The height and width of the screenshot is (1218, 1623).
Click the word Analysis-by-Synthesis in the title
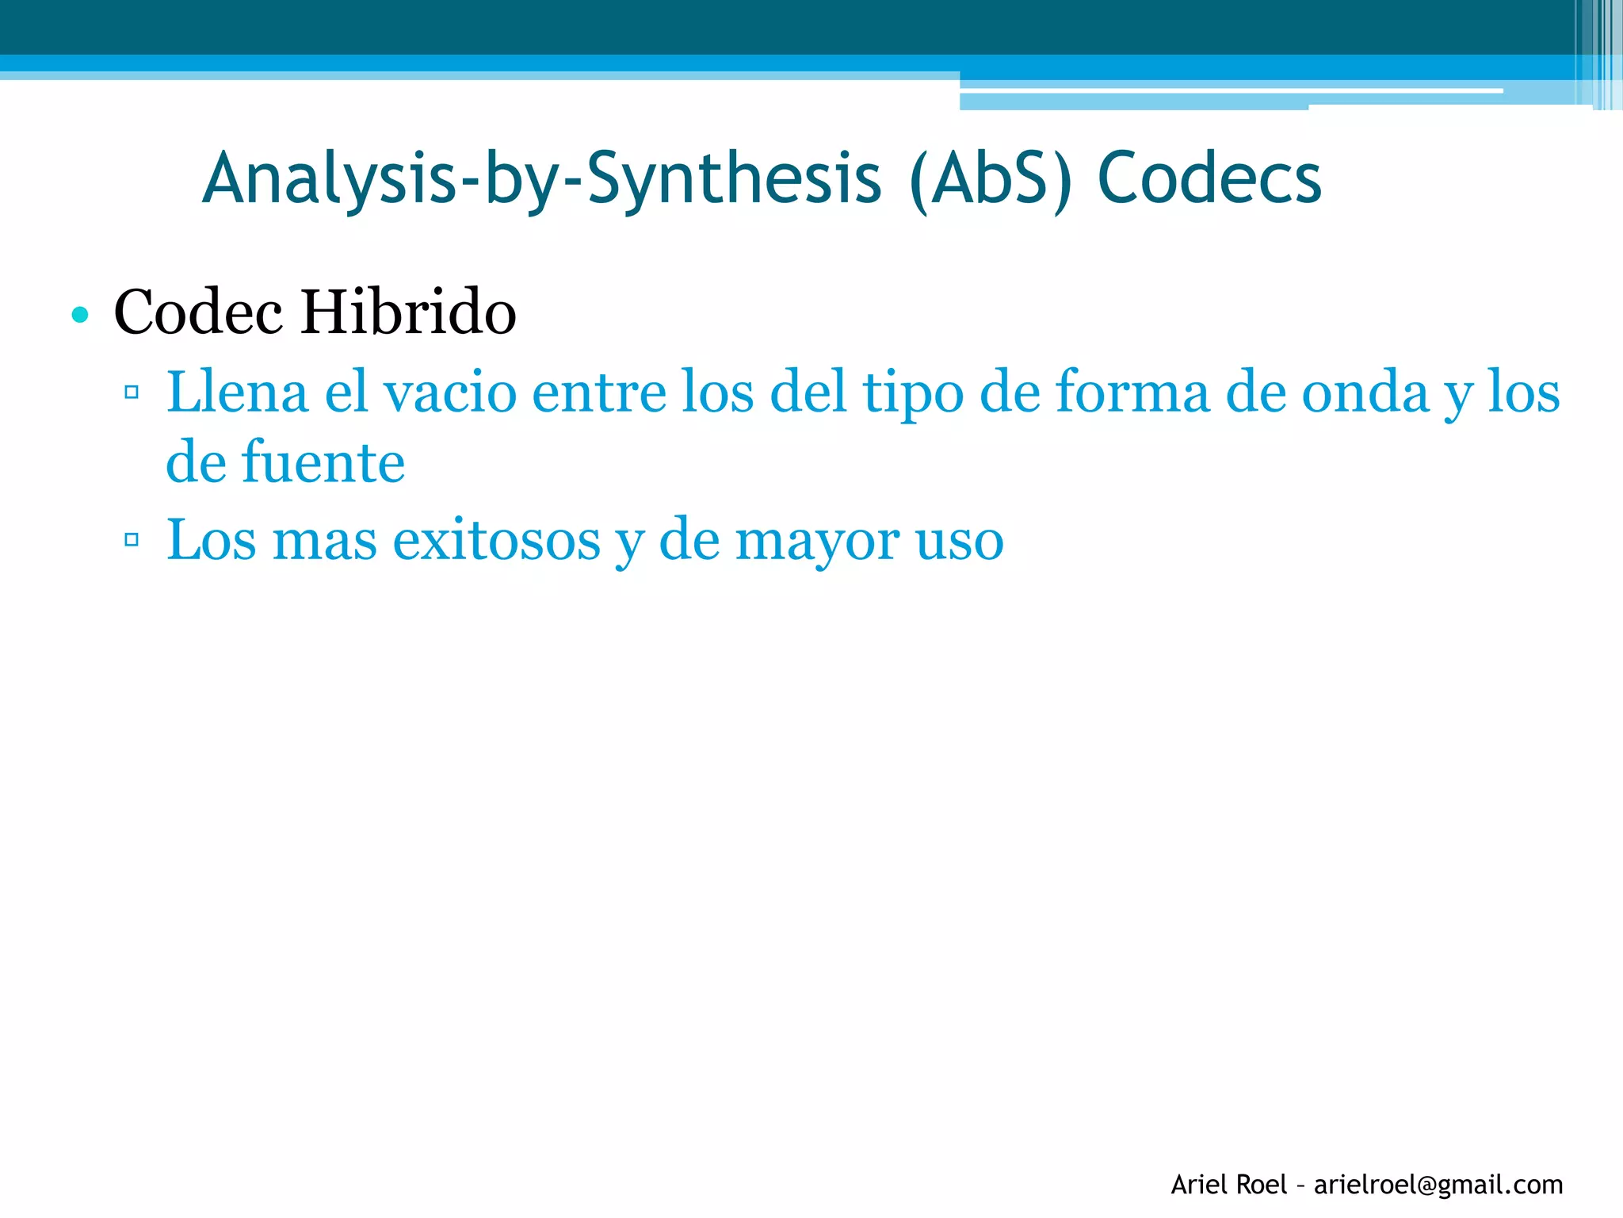(542, 179)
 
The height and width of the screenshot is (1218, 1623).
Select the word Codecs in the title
(1209, 179)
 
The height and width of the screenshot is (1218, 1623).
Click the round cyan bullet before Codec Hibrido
(79, 315)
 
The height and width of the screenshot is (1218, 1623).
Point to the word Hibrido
(408, 312)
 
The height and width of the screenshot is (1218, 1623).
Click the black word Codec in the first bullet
(198, 312)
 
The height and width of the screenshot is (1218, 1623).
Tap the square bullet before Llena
(132, 393)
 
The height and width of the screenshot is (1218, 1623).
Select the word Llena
(237, 392)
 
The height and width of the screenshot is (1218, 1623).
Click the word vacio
(449, 392)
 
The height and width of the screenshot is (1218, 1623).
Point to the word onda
(1365, 392)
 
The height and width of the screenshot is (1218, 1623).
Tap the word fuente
(323, 462)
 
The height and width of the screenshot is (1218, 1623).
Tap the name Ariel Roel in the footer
(1228, 1185)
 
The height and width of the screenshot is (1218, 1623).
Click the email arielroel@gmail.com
(1438, 1185)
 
